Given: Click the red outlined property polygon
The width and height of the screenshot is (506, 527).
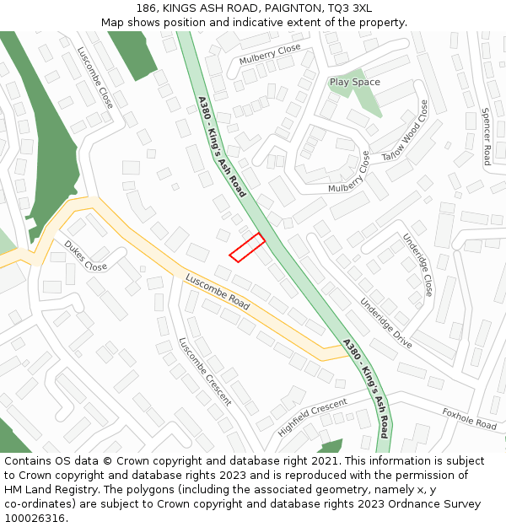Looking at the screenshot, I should click(x=247, y=247).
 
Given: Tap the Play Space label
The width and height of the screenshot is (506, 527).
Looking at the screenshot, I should click(x=354, y=82).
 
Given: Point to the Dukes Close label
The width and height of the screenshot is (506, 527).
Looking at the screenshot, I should click(x=86, y=255).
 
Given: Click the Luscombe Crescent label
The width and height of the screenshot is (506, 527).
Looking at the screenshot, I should click(x=205, y=372).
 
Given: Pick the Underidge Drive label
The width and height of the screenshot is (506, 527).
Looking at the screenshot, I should click(x=385, y=324).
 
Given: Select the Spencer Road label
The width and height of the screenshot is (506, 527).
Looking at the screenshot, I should click(x=487, y=136).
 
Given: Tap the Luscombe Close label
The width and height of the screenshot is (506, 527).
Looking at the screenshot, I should click(x=95, y=77).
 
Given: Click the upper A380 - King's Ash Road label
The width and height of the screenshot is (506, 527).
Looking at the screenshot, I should click(x=222, y=146).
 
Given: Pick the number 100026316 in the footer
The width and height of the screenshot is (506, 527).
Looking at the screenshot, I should click(x=33, y=518).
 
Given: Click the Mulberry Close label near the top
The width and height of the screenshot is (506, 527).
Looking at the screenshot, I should click(x=270, y=55).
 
